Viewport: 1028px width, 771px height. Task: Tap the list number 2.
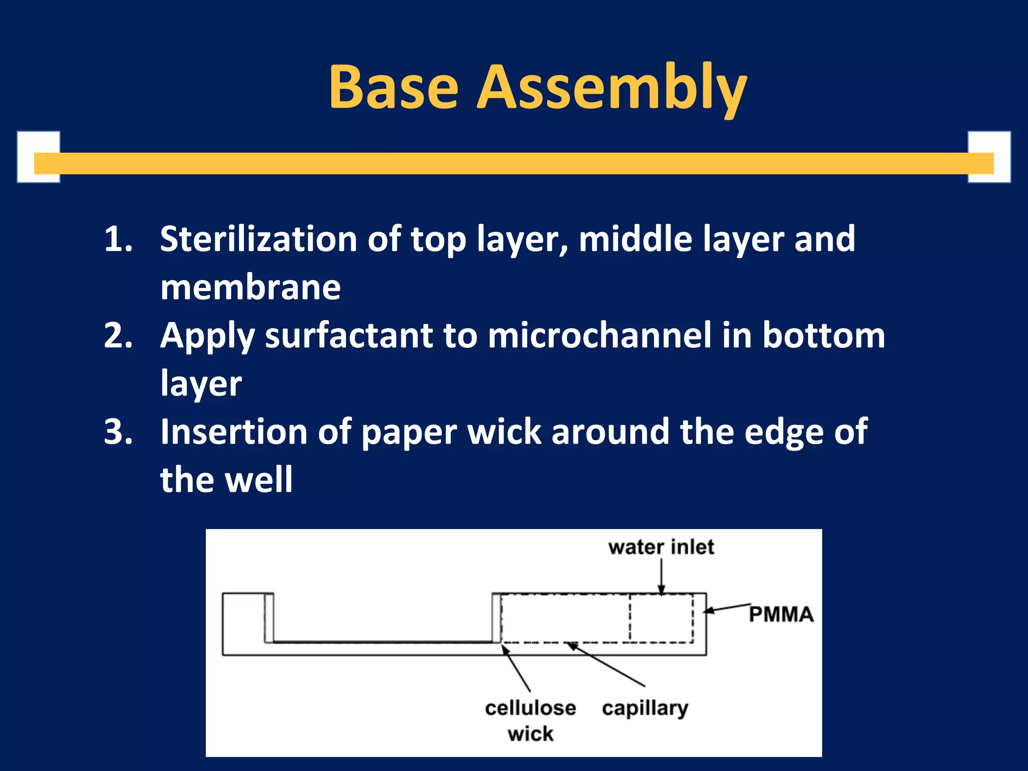pyautogui.click(x=118, y=335)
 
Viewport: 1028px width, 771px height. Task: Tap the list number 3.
pyautogui.click(x=118, y=432)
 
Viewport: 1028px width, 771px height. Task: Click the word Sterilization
pyautogui.click(x=259, y=239)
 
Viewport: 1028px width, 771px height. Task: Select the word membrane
pyautogui.click(x=250, y=287)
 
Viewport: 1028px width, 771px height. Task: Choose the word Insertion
pyautogui.click(x=233, y=432)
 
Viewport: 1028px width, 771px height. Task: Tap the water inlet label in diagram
pyautogui.click(x=661, y=547)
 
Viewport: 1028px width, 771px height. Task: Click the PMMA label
pyautogui.click(x=781, y=614)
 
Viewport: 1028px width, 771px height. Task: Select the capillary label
pyautogui.click(x=645, y=708)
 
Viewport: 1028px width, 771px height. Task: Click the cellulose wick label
pyautogui.click(x=530, y=720)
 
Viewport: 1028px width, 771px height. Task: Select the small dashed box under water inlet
pyautogui.click(x=661, y=618)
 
